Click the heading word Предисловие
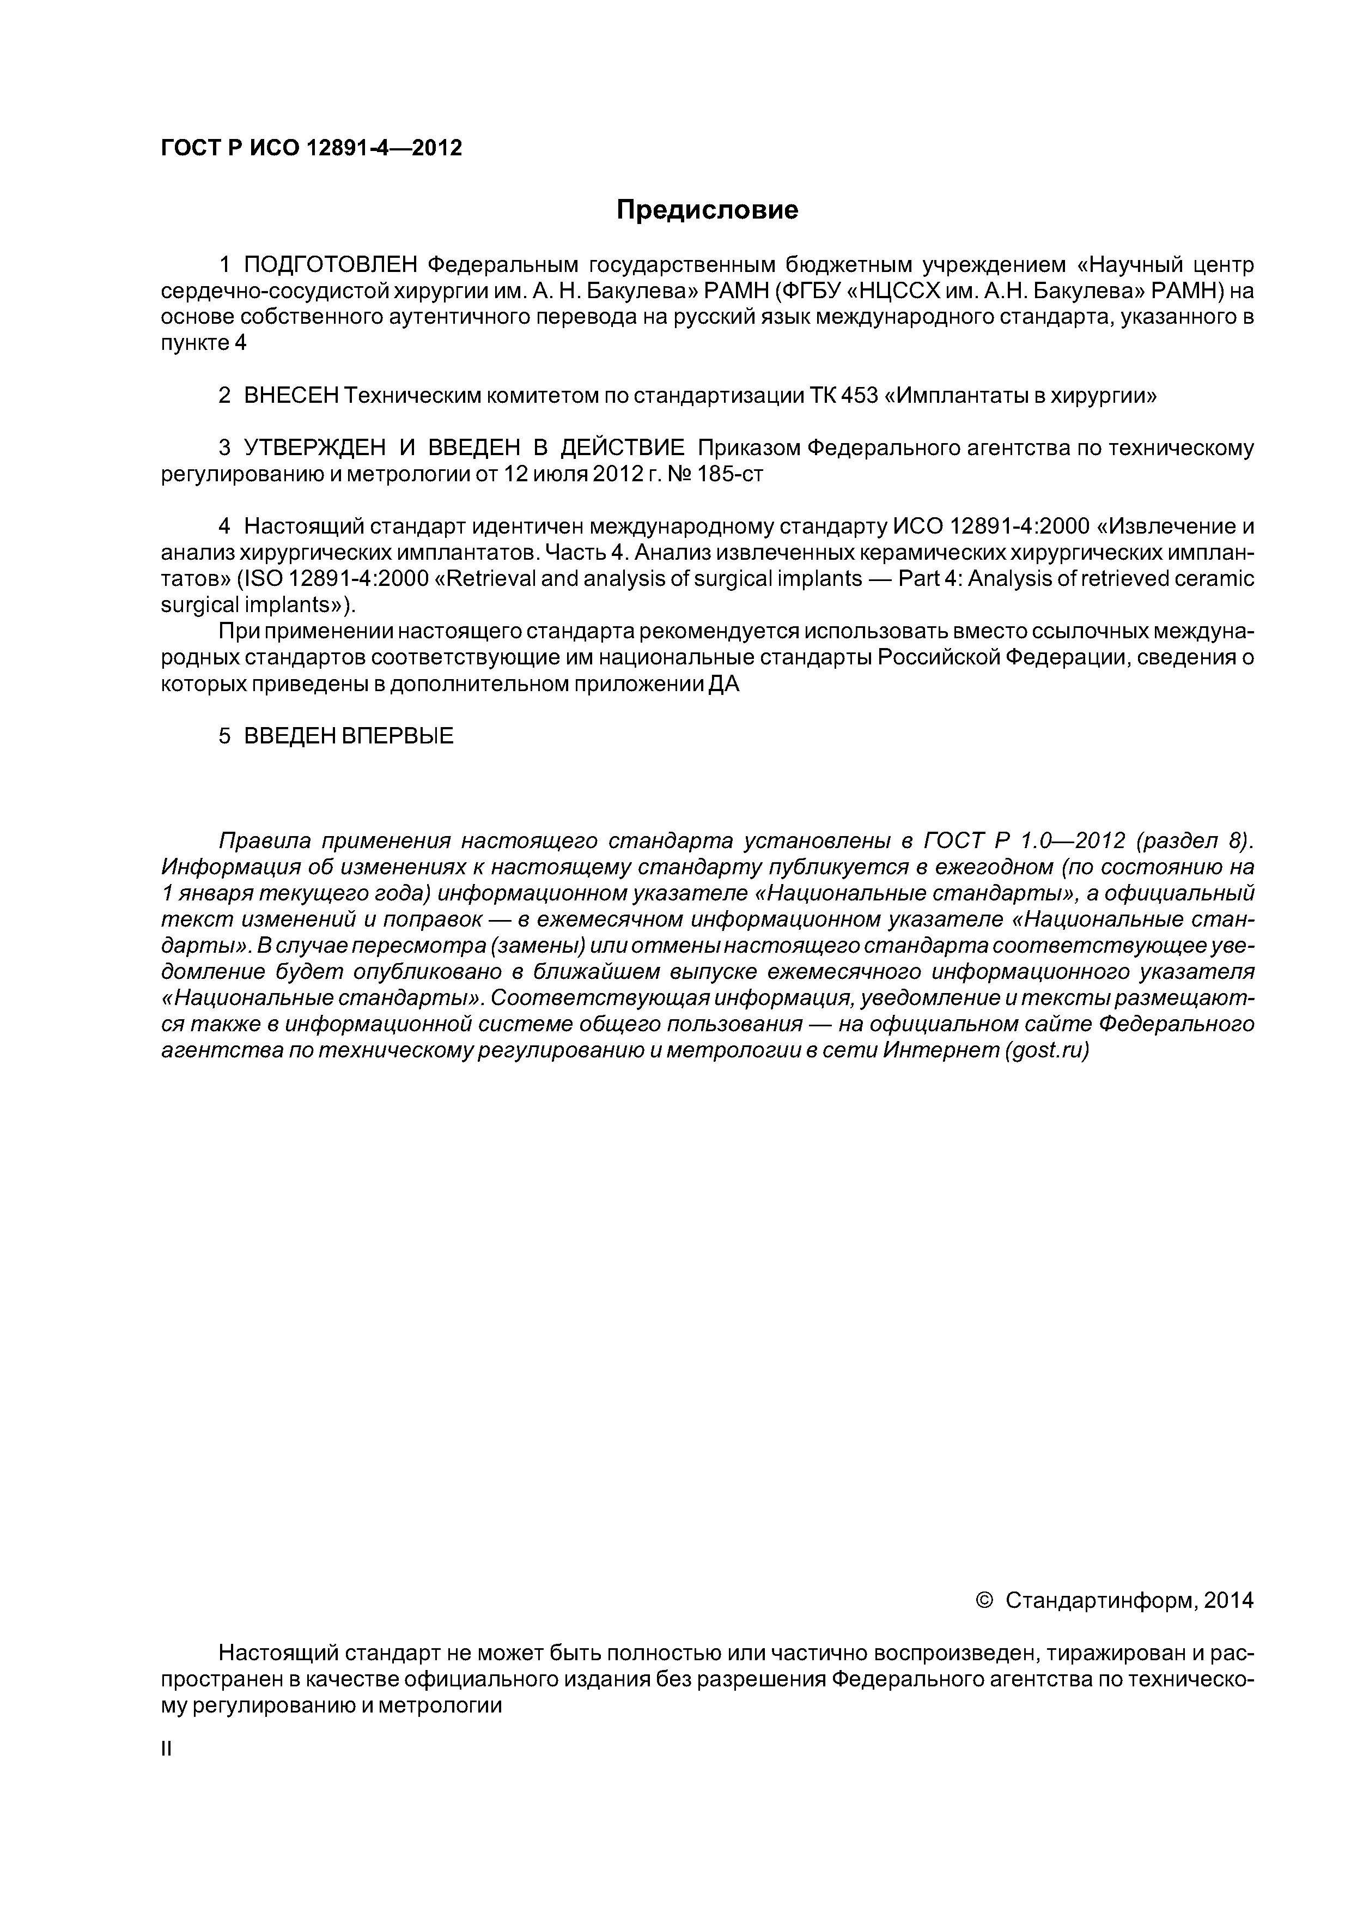(x=707, y=210)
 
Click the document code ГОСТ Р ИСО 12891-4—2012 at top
(x=311, y=148)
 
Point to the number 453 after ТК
(x=859, y=396)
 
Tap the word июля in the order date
(x=561, y=475)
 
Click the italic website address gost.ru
(x=1045, y=1050)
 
